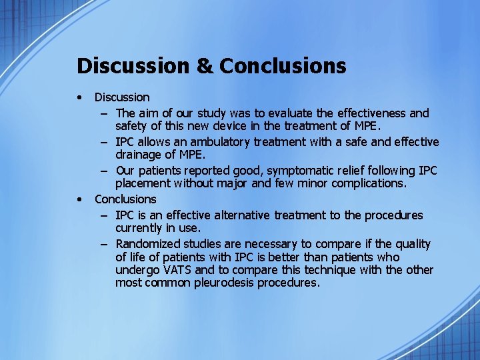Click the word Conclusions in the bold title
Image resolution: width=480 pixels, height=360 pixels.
(283, 66)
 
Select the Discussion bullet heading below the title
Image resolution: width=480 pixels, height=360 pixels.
(122, 97)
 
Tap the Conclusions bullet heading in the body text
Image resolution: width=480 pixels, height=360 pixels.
(125, 199)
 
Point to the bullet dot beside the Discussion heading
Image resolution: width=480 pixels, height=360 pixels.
(80, 97)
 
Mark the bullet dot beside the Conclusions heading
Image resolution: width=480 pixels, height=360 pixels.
(80, 199)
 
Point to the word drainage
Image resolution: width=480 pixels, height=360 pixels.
(138, 155)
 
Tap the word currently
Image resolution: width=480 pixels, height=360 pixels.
(141, 228)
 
